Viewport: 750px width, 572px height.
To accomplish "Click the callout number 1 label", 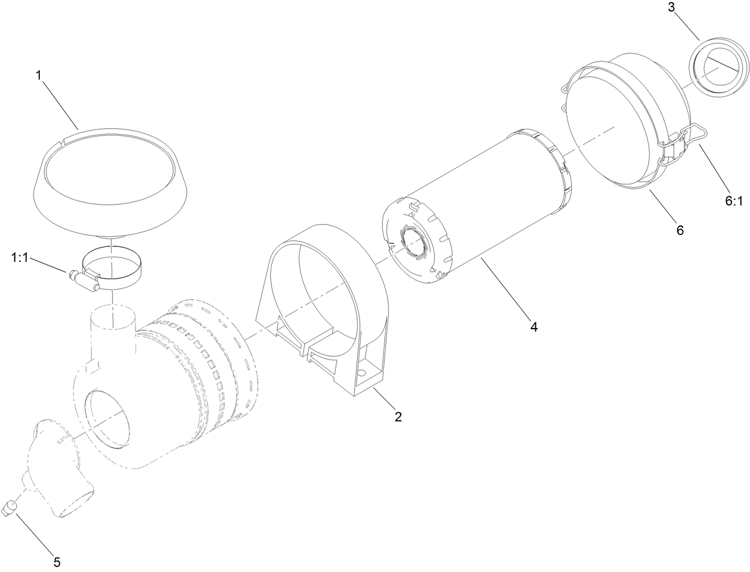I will (x=39, y=76).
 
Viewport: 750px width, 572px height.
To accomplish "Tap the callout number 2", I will (x=398, y=416).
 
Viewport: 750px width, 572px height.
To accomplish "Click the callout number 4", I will (x=534, y=326).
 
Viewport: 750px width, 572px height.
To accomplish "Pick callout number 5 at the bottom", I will (x=57, y=561).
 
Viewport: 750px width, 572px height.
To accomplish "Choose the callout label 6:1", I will (x=734, y=201).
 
